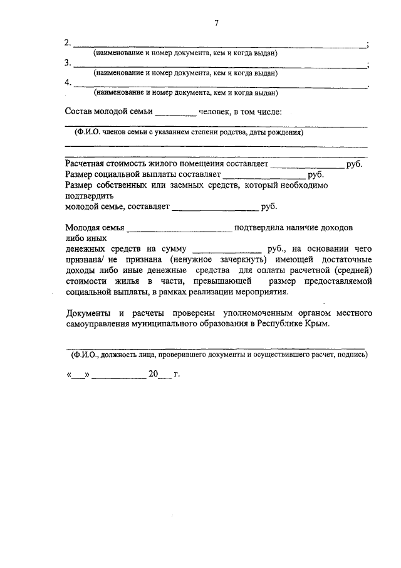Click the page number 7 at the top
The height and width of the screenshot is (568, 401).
click(216, 23)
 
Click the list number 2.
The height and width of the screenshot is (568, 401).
click(68, 43)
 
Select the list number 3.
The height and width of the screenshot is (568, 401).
click(68, 63)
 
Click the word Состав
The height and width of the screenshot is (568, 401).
click(80, 112)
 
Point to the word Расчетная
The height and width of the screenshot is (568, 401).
click(85, 164)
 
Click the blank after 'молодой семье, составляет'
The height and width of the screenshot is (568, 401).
click(214, 206)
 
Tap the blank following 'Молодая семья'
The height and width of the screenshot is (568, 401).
click(179, 228)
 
